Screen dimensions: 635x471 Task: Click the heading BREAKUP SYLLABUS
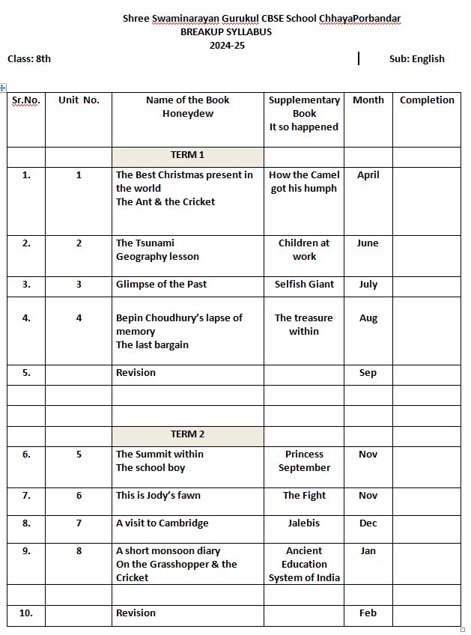coord(226,31)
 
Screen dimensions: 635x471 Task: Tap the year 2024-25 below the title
coord(227,45)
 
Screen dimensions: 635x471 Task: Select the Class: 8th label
coord(29,58)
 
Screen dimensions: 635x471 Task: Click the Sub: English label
coord(416,58)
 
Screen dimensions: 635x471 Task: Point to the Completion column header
coord(427,100)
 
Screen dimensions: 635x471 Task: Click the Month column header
coord(368,100)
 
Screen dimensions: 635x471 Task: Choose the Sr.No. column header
coord(26,100)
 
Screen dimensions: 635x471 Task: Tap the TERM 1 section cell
coord(187,155)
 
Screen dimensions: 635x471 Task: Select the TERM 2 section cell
coord(187,434)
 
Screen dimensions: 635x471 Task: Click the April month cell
coord(368,174)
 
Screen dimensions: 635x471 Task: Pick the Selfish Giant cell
coord(304,284)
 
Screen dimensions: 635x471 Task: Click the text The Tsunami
coord(145,243)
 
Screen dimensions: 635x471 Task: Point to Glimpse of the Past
coord(161,284)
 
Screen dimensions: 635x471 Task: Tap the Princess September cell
coord(304,461)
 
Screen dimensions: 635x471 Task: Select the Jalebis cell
coord(304,523)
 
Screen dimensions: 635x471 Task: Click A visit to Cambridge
coord(162,523)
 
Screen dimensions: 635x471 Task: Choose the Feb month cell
coord(368,613)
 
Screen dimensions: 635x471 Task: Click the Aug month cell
coord(368,317)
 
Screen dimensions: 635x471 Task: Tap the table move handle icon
coord(4,88)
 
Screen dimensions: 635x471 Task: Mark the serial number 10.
coord(26,613)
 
